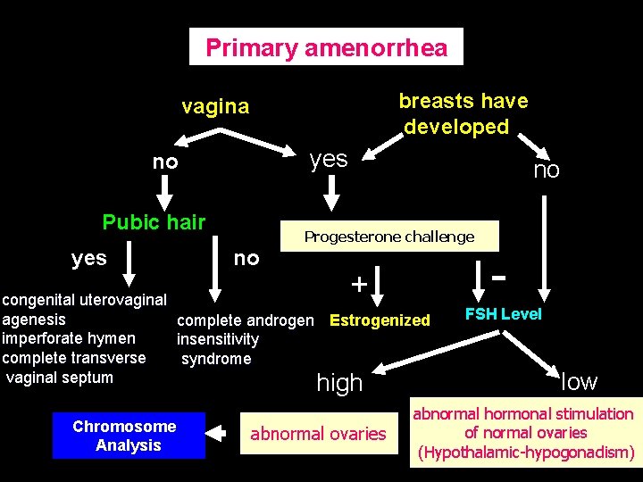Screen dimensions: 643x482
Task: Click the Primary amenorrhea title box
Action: pos(326,47)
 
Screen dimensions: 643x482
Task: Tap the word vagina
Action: pos(215,107)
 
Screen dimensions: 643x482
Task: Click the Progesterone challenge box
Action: pos(389,237)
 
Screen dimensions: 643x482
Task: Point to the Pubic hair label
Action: pos(154,222)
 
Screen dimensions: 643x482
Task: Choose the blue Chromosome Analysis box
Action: pos(129,435)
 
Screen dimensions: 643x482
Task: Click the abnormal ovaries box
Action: pos(318,434)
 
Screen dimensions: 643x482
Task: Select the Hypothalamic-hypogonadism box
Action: pos(523,433)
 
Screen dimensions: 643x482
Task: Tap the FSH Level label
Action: pos(504,314)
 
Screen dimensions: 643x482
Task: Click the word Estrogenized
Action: pos(380,320)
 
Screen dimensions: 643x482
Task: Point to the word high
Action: pos(339,383)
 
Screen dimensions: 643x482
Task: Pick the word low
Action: pos(579,382)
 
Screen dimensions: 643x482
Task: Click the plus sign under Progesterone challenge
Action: pos(357,285)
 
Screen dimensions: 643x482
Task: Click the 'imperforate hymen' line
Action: pos(70,338)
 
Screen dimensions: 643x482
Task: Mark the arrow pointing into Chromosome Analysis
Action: pos(217,433)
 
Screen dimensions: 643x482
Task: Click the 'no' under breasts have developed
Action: pos(546,170)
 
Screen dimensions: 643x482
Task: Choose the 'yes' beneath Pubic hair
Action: pos(88,258)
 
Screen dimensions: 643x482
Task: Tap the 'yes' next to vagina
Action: pos(328,159)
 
